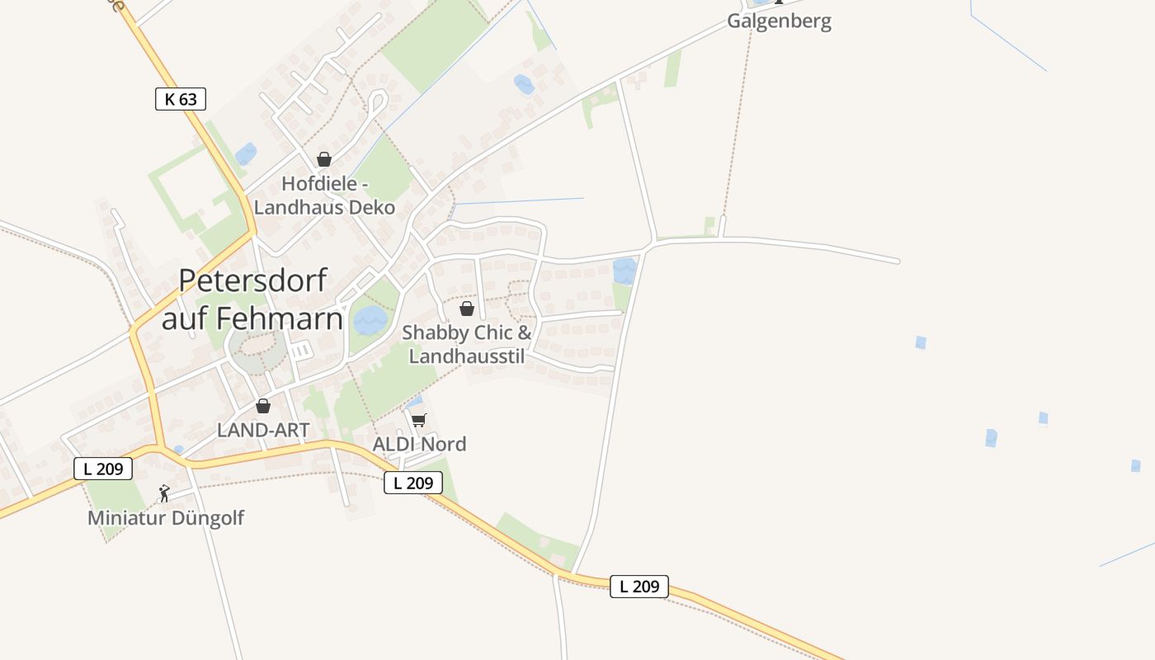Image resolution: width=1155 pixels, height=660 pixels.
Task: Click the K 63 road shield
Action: [x=180, y=100]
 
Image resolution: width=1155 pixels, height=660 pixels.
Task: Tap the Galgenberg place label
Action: [x=779, y=21]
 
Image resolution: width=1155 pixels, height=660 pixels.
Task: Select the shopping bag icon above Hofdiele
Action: [x=324, y=159]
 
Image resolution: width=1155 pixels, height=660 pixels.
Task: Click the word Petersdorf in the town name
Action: [x=252, y=280]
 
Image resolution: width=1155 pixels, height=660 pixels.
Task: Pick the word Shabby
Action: [x=436, y=333]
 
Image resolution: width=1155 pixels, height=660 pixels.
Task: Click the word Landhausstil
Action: [x=466, y=356]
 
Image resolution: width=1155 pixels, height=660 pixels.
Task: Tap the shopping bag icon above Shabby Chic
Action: [x=467, y=309]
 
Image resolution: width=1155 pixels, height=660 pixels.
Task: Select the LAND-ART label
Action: [x=263, y=430]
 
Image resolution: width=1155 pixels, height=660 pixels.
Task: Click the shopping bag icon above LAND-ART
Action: [x=263, y=406]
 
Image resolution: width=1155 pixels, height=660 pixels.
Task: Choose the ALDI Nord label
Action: [x=419, y=444]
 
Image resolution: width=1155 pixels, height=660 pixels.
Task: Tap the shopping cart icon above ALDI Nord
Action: [x=418, y=420]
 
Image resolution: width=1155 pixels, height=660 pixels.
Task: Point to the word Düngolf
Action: [x=205, y=518]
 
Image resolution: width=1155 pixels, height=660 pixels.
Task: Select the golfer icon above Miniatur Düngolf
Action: [x=164, y=493]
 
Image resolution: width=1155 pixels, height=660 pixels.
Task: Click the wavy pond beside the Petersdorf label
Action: [x=370, y=320]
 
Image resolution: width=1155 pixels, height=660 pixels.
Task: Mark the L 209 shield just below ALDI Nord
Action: [x=412, y=483]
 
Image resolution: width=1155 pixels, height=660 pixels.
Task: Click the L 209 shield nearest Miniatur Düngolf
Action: [x=103, y=469]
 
